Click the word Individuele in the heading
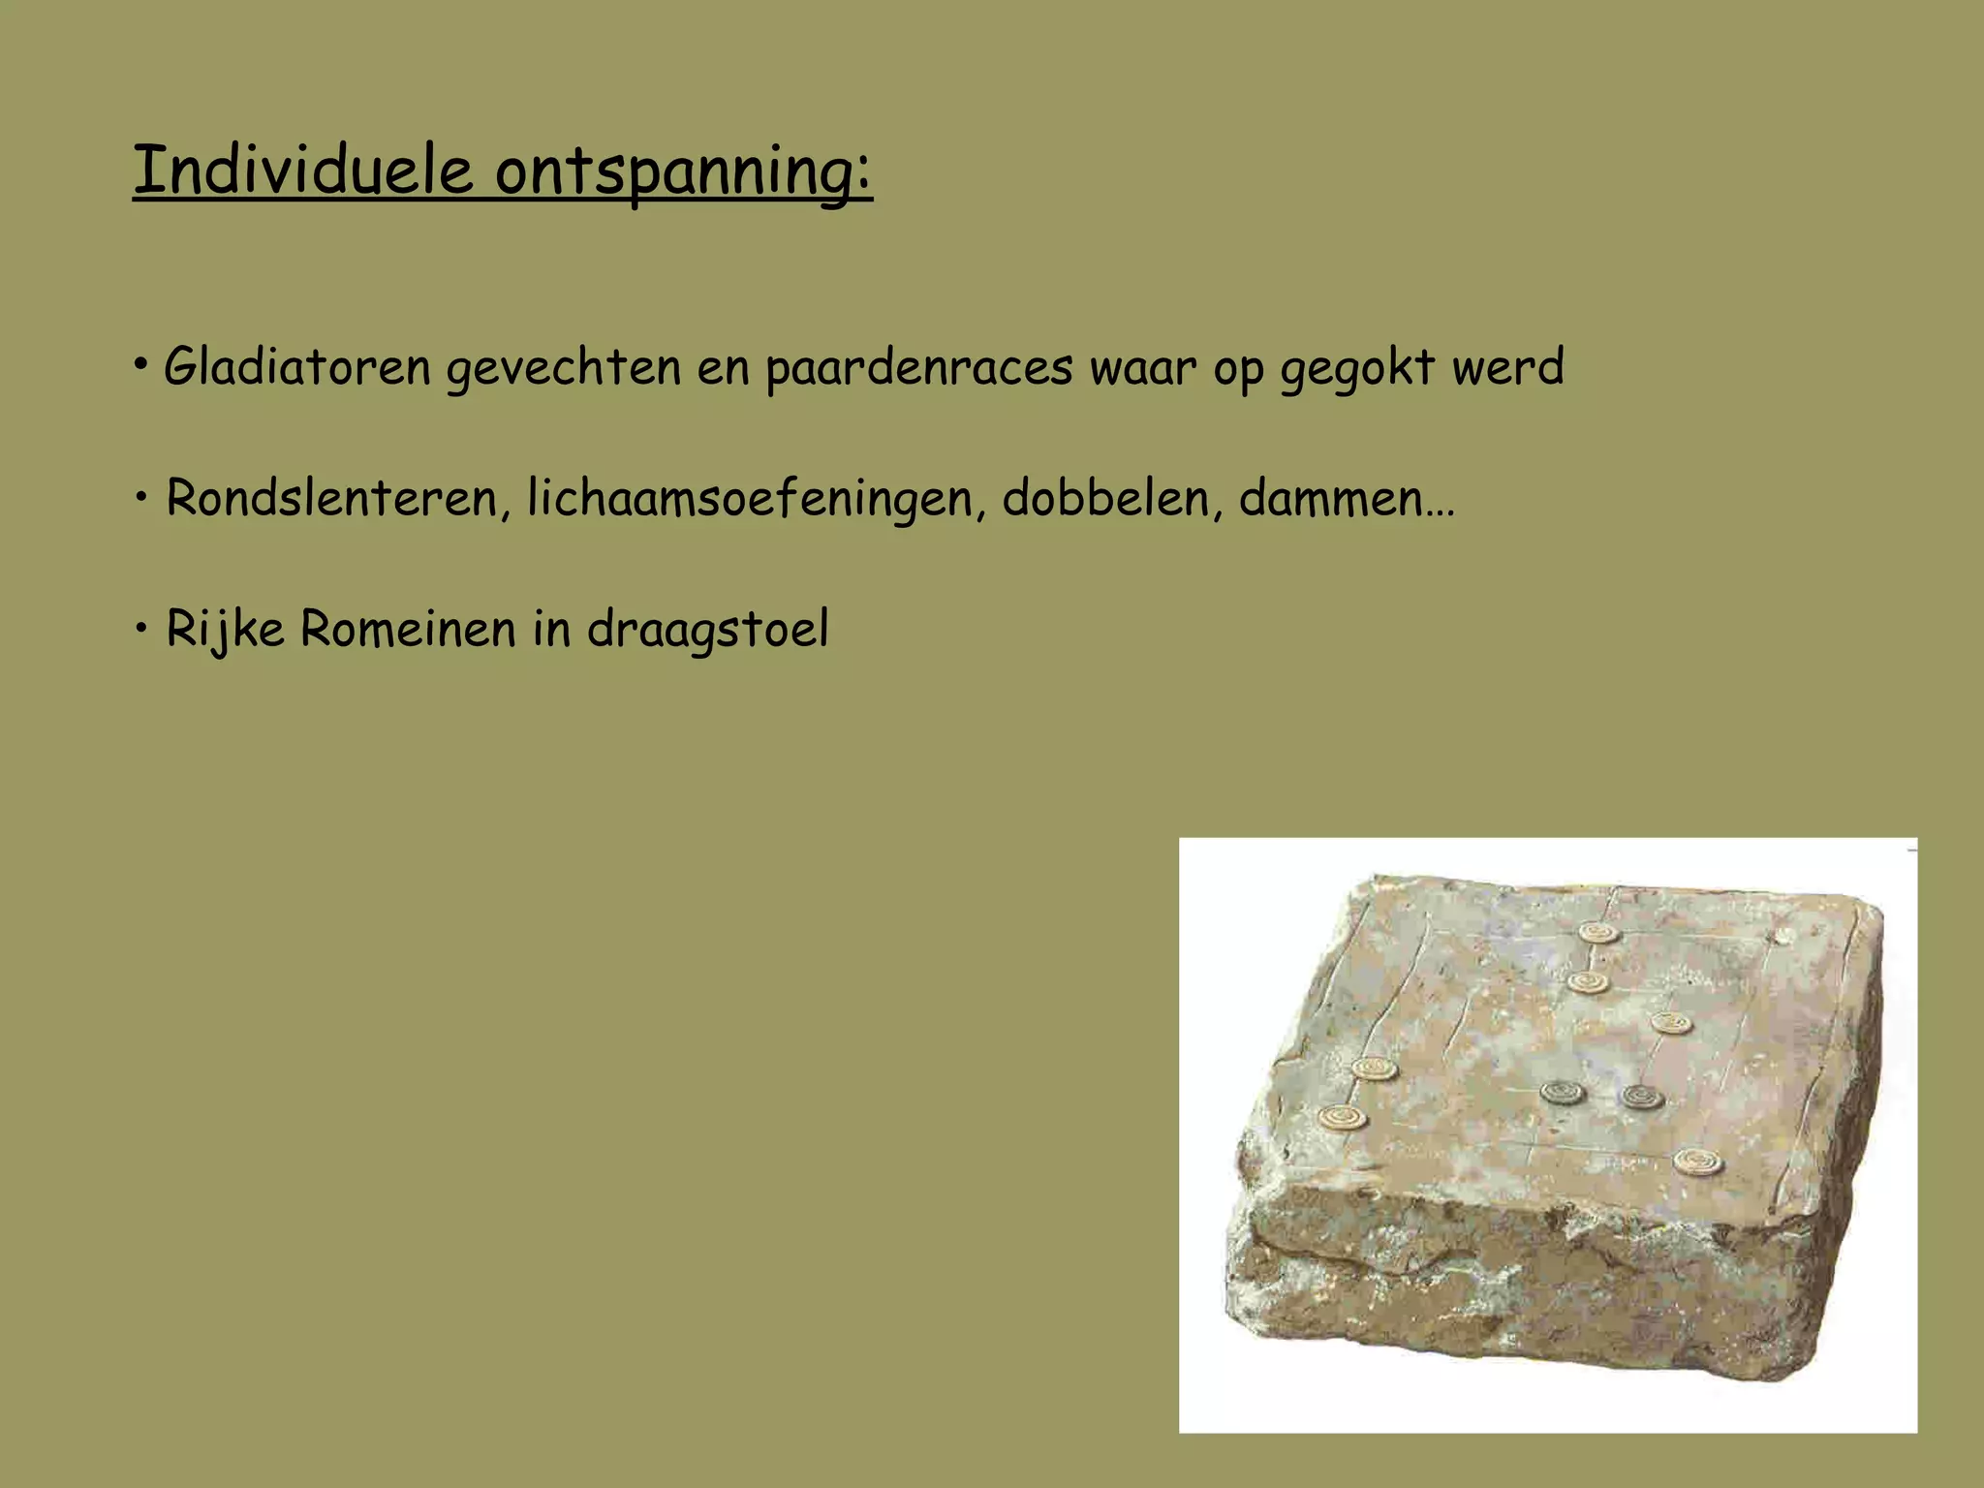tap(302, 170)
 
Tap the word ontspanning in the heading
tap(683, 172)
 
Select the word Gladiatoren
tap(296, 368)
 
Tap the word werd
tap(1507, 368)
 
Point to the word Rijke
tap(225, 630)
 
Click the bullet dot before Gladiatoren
tap(141, 366)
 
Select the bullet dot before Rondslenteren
tap(141, 498)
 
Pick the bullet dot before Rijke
tap(141, 629)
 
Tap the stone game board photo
tap(1547, 1133)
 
